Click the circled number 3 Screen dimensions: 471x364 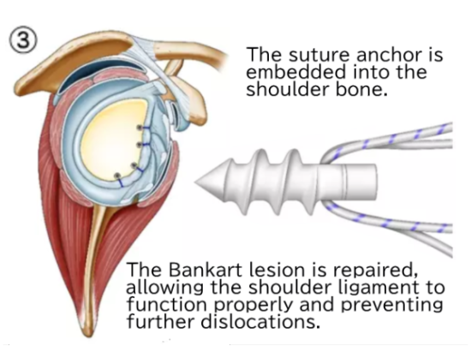(24, 41)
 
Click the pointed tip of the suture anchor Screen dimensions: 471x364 (195, 182)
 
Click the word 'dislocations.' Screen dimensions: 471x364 (259, 322)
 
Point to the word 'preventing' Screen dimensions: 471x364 (392, 306)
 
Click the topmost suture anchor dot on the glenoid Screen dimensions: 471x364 (139, 128)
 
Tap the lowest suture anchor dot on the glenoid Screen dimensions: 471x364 (117, 176)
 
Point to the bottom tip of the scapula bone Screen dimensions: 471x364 (87, 336)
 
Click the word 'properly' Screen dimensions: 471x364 (253, 306)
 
